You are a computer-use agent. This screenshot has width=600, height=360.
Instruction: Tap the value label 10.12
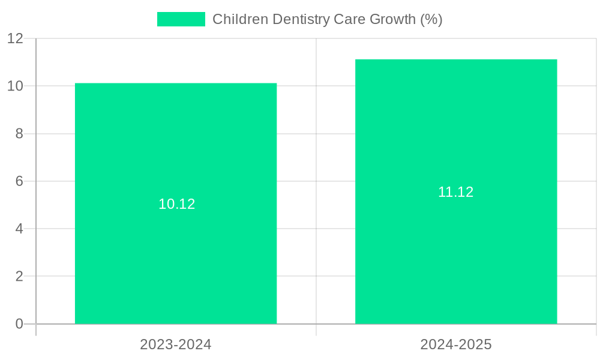[177, 204]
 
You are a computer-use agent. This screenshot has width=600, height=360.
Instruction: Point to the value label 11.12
[456, 192]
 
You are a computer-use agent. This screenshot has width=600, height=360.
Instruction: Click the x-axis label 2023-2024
[176, 344]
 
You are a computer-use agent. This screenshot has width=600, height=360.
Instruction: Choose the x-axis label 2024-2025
[456, 344]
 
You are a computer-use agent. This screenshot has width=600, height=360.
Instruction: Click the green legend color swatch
[181, 19]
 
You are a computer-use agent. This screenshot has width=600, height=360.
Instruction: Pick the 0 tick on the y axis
[19, 324]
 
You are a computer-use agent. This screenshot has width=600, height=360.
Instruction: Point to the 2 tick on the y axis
[19, 277]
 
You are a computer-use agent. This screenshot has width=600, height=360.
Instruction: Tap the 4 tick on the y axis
[19, 229]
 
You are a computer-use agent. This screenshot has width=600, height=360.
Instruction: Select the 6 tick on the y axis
[19, 181]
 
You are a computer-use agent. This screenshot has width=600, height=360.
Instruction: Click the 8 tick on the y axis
[19, 134]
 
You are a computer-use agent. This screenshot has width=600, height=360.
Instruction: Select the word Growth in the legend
[392, 19]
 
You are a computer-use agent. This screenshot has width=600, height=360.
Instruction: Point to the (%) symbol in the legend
[431, 19]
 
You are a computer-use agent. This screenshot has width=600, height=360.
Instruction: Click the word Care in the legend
[350, 19]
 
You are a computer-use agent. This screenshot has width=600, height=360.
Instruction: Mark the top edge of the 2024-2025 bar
[456, 60]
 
